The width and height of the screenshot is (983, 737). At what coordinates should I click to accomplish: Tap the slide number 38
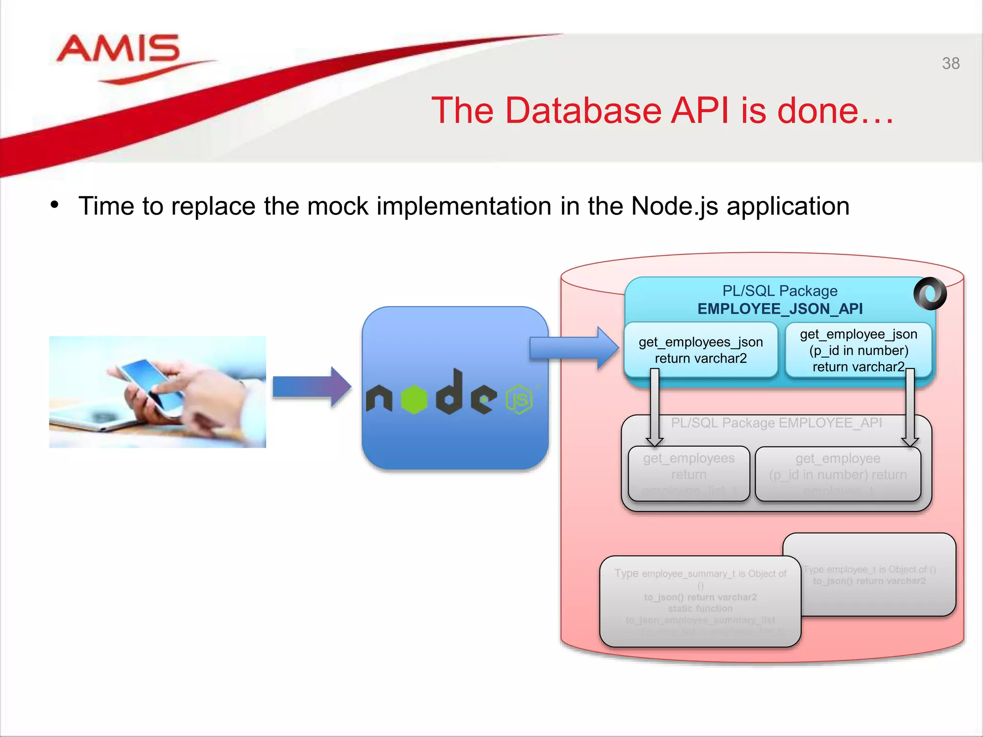click(950, 63)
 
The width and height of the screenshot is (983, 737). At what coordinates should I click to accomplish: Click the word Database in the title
click(583, 111)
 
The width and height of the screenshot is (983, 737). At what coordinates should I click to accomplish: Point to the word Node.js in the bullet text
click(674, 206)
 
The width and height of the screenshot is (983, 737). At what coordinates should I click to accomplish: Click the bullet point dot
click(55, 205)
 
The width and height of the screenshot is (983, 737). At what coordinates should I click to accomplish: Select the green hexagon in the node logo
click(414, 399)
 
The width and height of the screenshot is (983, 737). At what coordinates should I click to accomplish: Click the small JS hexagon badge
click(519, 399)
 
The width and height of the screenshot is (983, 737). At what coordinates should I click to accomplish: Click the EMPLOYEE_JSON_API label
click(780, 309)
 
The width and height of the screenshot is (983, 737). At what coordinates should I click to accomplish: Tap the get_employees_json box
click(700, 350)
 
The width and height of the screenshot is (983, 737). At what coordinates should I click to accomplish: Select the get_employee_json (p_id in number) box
click(858, 350)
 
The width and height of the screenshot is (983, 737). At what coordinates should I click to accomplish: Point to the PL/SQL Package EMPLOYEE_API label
click(776, 423)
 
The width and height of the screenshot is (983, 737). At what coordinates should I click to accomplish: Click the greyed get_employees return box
click(689, 473)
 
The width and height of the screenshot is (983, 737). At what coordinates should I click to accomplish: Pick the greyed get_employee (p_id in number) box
click(838, 473)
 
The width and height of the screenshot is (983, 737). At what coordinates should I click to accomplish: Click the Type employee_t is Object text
click(869, 570)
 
